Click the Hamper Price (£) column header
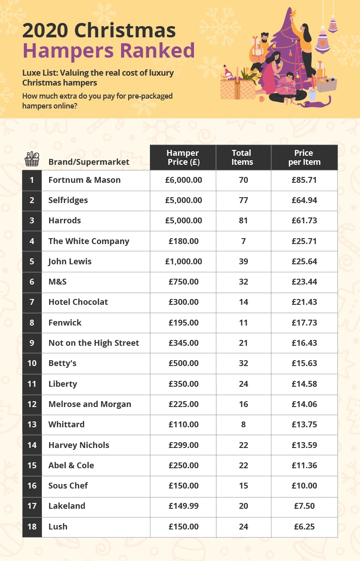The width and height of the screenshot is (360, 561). tap(183, 157)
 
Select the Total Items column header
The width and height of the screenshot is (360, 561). tap(243, 157)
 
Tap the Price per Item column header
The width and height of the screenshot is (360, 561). tap(304, 157)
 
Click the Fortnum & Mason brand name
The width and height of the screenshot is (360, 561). tap(85, 180)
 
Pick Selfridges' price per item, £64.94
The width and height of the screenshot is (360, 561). tap(304, 200)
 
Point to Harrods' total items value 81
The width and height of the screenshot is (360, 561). tap(243, 221)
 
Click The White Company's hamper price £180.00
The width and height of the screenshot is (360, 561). tap(183, 241)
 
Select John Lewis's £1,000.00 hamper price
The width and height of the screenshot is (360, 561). tap(183, 262)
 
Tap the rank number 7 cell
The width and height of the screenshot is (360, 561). tap(32, 302)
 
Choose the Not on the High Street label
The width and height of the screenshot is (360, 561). tap(94, 343)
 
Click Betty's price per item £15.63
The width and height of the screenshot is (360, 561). tap(304, 363)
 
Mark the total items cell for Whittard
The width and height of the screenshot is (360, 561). tap(243, 425)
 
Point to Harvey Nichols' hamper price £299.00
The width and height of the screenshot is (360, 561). tap(183, 445)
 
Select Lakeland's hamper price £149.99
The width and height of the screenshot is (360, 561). tap(183, 506)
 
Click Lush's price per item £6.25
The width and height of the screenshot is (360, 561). tap(304, 526)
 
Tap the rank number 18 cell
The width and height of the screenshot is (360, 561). tap(32, 526)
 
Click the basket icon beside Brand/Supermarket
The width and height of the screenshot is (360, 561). tap(32, 159)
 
